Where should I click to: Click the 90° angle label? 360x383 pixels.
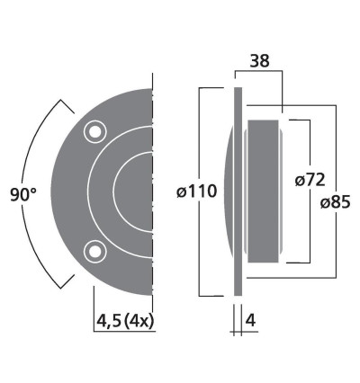(x=22, y=193)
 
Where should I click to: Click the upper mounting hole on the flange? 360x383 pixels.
(x=94, y=132)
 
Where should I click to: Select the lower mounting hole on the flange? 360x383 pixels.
(x=94, y=251)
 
